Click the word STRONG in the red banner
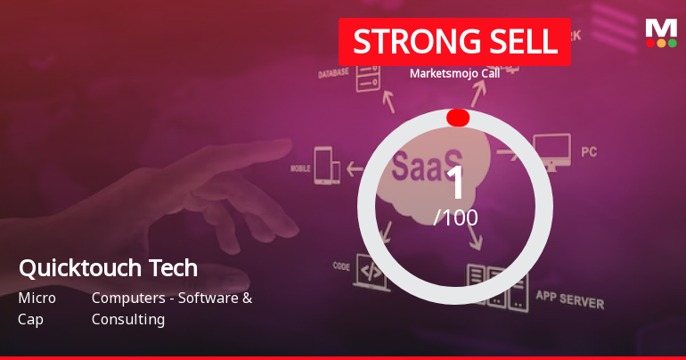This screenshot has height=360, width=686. click(402, 41)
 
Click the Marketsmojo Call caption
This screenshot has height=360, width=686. click(454, 73)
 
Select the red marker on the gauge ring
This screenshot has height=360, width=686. click(458, 118)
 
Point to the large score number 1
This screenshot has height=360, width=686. click(456, 183)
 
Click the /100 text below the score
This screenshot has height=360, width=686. click(455, 217)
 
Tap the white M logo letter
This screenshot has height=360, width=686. click(661, 28)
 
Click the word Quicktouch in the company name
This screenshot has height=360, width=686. click(79, 267)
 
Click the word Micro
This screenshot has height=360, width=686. click(37, 298)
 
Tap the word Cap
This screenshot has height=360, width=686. click(30, 319)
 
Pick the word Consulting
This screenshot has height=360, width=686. click(127, 319)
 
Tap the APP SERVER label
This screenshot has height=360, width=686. click(569, 299)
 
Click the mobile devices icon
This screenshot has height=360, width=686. click(327, 166)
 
